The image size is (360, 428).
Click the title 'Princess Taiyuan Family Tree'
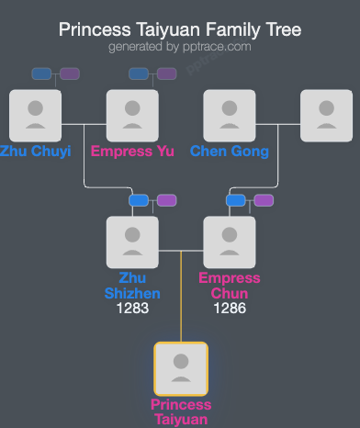point(180,29)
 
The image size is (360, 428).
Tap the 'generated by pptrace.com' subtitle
point(180,46)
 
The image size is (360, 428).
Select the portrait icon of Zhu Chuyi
point(35,115)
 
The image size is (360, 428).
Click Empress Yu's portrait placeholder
point(133,115)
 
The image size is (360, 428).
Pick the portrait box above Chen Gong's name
point(230,115)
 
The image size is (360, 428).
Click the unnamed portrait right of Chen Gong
point(327,115)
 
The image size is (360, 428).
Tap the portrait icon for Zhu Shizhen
point(133,242)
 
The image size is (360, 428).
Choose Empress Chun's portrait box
point(230,242)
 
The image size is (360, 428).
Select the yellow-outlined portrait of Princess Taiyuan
point(181,368)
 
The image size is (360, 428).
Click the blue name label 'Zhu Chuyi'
point(35,152)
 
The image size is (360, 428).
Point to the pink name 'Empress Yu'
point(133,152)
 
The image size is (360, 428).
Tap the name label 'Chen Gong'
point(230,152)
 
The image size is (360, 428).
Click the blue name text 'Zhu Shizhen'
point(133,286)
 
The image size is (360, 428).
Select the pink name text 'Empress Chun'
point(230,286)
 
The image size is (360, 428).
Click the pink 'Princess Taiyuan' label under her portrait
point(181,412)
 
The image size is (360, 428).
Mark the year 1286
point(230,310)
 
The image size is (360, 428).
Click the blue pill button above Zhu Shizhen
point(140,200)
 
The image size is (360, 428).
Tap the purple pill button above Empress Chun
point(264,200)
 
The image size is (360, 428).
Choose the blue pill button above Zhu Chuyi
point(41,73)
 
